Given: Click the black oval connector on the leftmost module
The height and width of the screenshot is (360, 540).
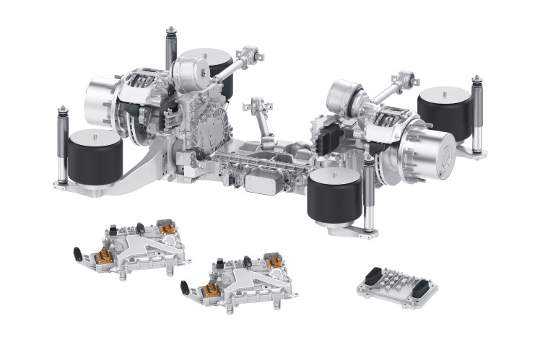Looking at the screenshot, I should pyautogui.click(x=77, y=253).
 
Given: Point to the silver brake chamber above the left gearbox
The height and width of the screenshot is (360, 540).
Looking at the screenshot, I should pyautogui.click(x=191, y=72).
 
